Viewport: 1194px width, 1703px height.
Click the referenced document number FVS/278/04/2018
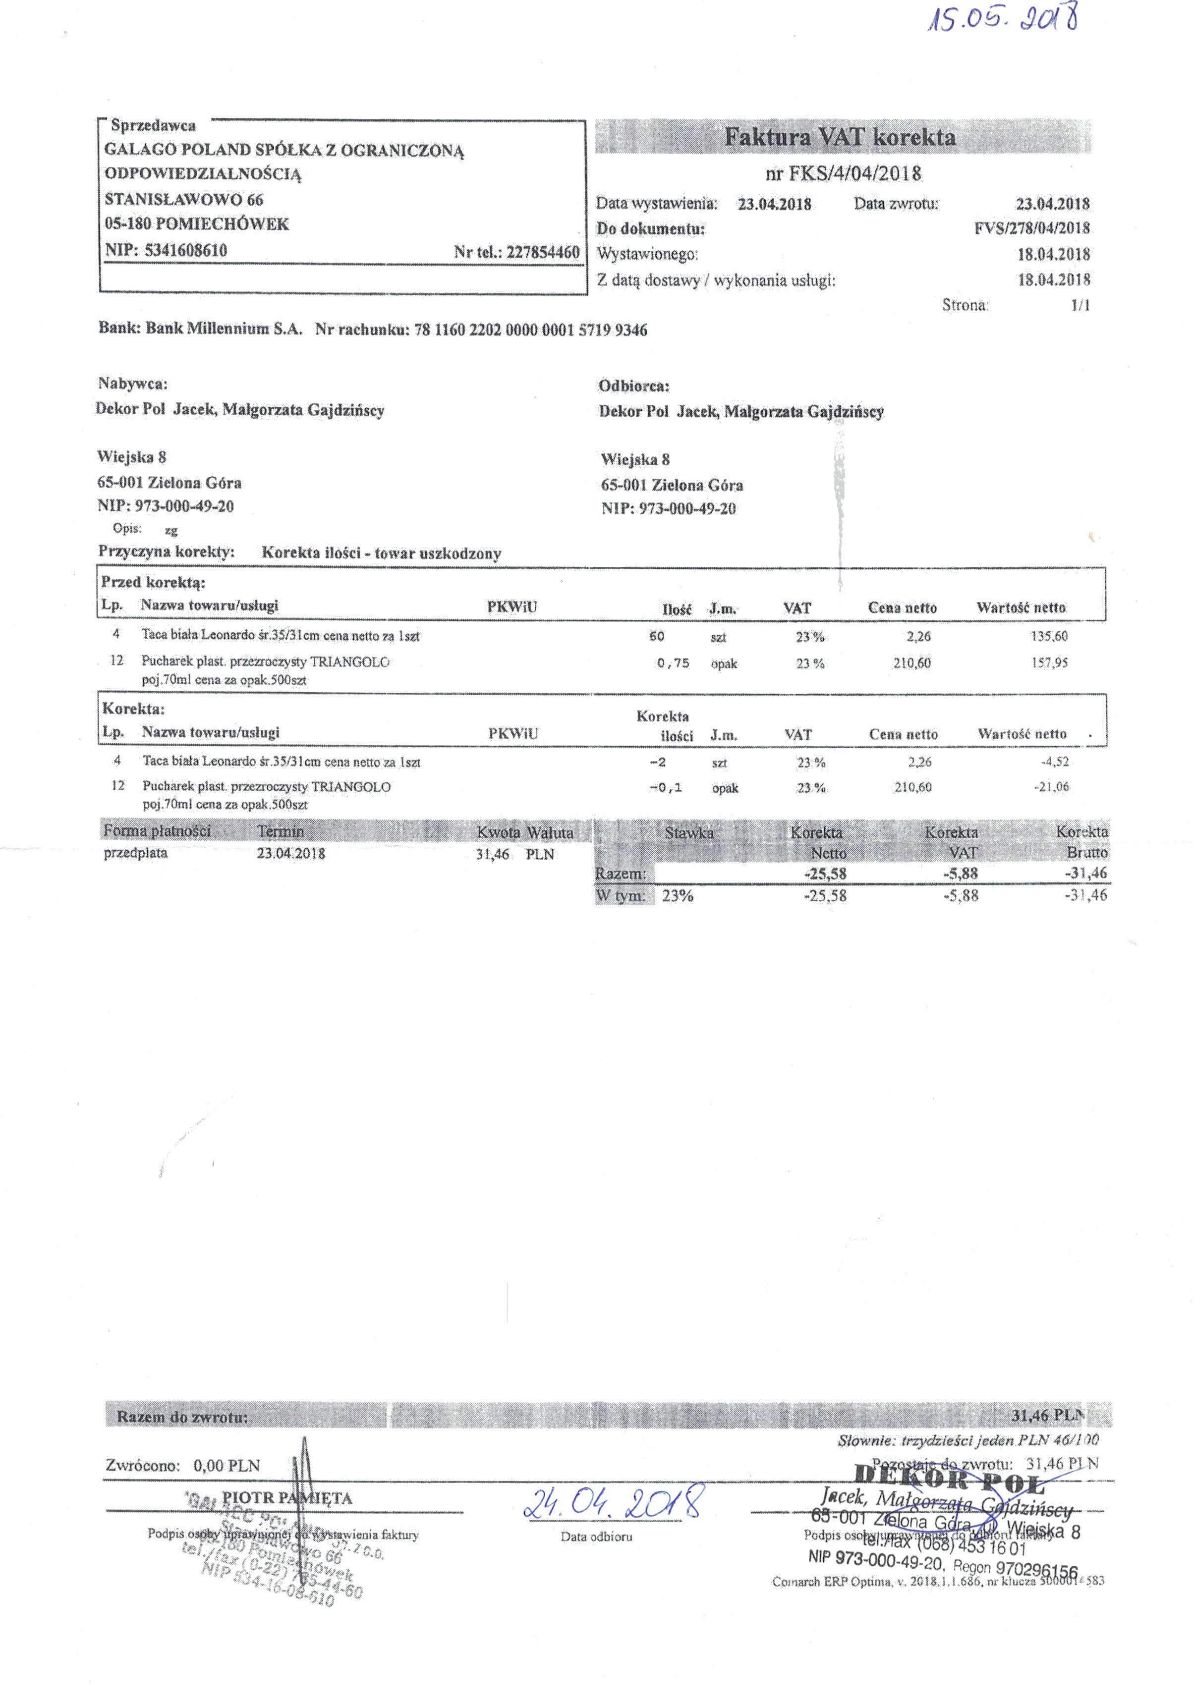coord(1031,228)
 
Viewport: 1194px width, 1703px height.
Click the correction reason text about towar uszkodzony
coord(382,553)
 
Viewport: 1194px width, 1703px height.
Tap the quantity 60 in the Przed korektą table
coord(656,636)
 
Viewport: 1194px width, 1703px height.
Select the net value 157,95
coord(1049,662)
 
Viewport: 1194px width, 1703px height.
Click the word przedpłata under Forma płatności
coord(136,853)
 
